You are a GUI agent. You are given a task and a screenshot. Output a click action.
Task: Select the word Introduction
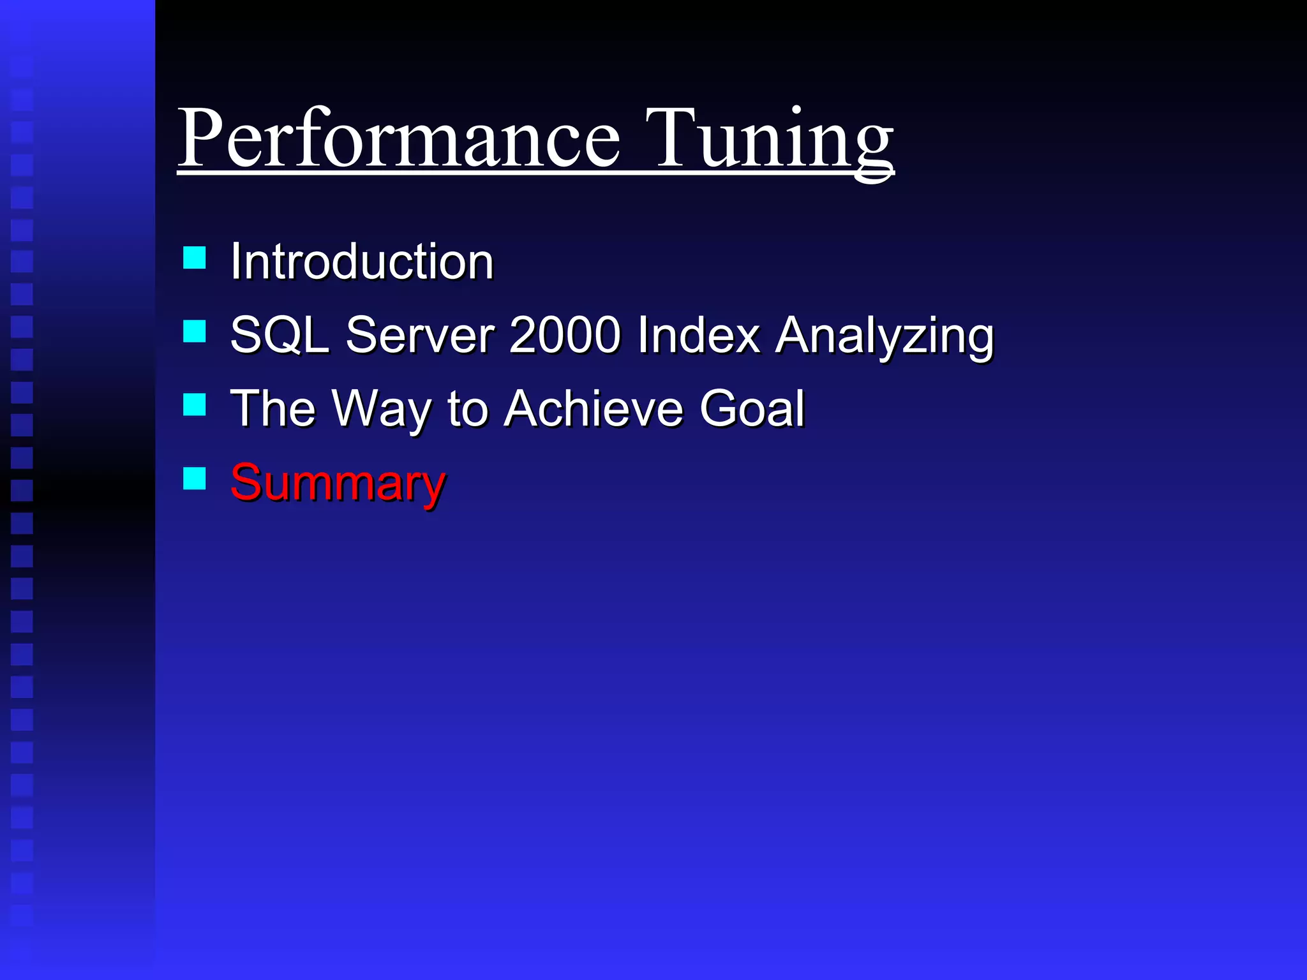362,262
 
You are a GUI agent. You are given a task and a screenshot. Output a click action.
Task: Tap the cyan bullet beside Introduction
195,258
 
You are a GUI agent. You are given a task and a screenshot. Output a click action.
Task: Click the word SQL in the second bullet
278,335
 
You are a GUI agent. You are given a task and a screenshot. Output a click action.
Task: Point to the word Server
420,335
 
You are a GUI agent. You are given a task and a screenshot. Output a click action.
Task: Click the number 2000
565,335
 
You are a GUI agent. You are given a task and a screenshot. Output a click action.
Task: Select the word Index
698,335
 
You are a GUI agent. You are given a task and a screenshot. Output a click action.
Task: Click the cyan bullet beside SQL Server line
195,331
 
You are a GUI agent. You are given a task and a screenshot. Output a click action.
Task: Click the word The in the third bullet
273,408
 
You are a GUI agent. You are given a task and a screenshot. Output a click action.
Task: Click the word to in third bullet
468,409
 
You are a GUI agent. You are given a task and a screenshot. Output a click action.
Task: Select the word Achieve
594,408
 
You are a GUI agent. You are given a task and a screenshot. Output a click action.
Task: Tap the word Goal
752,408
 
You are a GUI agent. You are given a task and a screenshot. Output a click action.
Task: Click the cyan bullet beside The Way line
195,405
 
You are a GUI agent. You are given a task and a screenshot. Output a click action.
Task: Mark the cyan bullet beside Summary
195,478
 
